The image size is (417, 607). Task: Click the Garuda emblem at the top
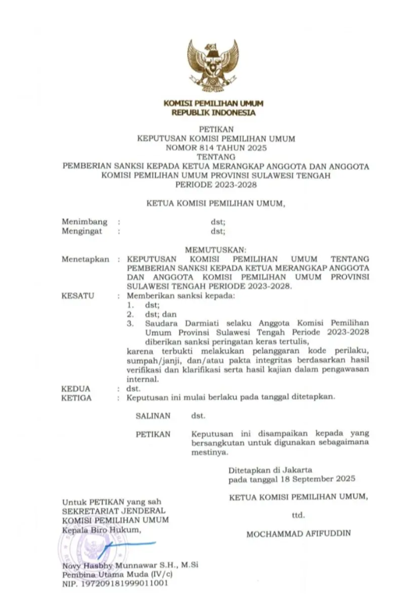[213, 64]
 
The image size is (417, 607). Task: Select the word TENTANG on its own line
[213, 157]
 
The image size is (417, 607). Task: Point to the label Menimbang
[85, 221]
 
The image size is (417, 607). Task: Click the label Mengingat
[82, 231]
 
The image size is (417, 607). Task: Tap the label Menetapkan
[85, 259]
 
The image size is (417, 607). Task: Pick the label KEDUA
[75, 390]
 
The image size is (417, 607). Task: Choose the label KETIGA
[77, 398]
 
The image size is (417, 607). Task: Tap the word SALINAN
[153, 416]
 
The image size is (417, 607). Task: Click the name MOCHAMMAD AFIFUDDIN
[298, 534]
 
